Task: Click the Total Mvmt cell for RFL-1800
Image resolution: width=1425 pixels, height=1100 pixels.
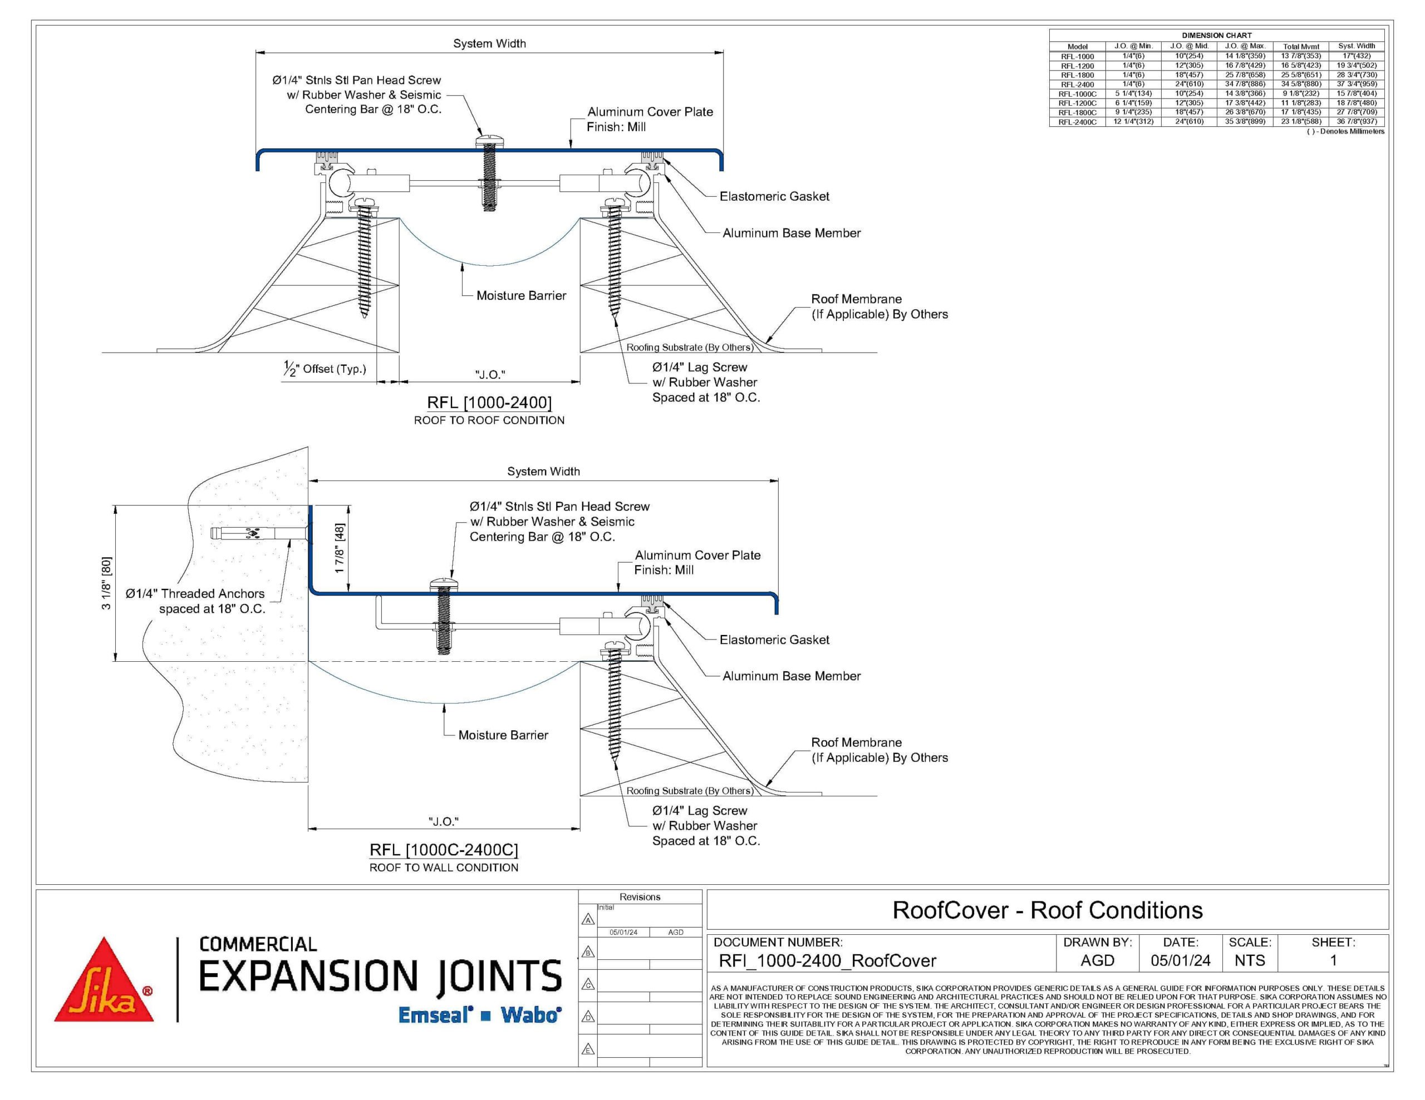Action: point(1300,75)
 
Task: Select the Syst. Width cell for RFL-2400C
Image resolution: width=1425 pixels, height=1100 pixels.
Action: point(1357,121)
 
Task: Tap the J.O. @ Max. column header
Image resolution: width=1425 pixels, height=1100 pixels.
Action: point(1245,46)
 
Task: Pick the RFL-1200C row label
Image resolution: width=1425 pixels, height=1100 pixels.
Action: point(1077,103)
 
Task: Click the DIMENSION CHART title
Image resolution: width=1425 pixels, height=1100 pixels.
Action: point(1217,35)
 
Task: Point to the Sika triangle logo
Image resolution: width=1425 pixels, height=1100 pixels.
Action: point(104,979)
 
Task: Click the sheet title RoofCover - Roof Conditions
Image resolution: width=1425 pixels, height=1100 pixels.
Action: point(1047,910)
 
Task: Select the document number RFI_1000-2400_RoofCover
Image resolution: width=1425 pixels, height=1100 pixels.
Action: point(827,960)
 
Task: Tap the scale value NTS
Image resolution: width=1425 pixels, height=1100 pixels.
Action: point(1250,960)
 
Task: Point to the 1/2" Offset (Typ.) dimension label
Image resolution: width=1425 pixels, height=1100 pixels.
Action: point(325,369)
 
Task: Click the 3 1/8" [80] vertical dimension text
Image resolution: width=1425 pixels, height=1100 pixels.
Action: point(106,583)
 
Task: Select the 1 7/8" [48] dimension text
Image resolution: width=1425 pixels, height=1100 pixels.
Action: point(340,549)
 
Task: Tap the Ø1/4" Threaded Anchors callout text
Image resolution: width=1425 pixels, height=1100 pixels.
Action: point(195,601)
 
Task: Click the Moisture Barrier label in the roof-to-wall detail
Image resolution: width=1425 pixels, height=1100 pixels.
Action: point(503,735)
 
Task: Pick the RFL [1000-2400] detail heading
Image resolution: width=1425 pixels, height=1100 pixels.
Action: point(489,402)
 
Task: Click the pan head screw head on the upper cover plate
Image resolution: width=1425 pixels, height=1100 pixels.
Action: point(489,140)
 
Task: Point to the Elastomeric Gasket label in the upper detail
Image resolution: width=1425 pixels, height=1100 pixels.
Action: point(774,196)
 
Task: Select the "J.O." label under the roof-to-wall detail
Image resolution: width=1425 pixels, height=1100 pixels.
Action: point(444,821)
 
